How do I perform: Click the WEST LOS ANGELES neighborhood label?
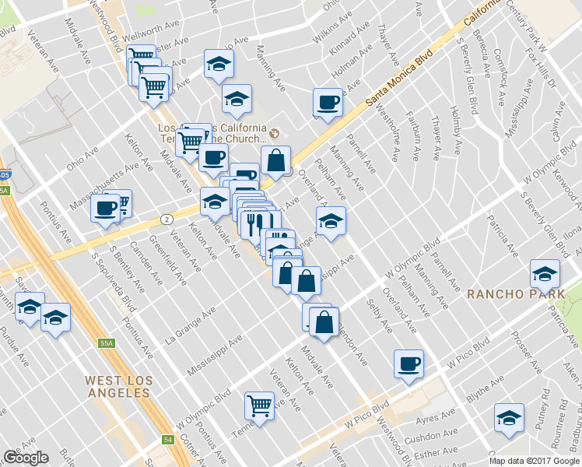[x=117, y=386]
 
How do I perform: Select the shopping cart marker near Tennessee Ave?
[x=259, y=405]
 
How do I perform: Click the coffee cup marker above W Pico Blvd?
[x=408, y=364]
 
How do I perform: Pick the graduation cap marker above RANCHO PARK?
[x=544, y=273]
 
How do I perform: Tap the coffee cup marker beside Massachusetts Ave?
[x=105, y=208]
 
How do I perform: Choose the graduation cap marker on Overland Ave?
[x=331, y=221]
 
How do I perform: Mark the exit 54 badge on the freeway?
[x=167, y=440]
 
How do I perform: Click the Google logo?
[x=25, y=458]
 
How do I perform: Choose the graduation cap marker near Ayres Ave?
[x=509, y=418]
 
